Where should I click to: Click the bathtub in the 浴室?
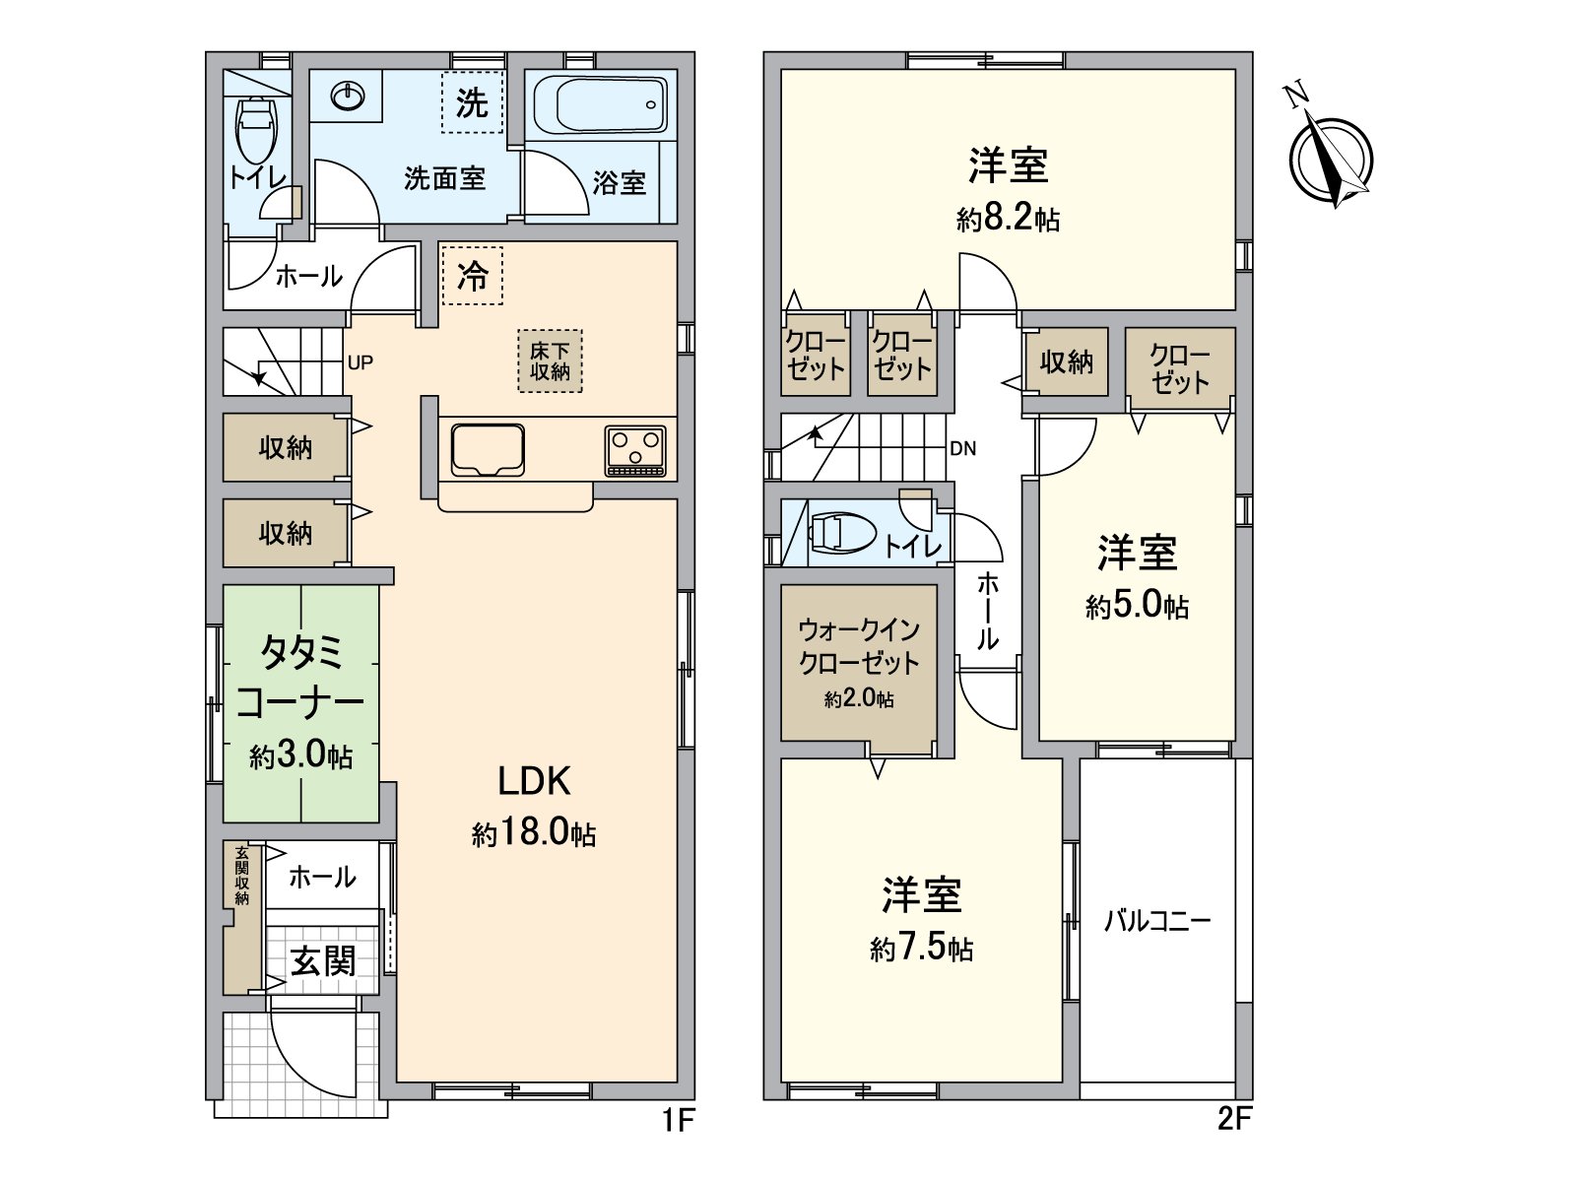pyautogui.click(x=600, y=104)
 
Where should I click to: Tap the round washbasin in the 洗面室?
pyautogui.click(x=348, y=96)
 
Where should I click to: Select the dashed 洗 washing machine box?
pyautogui.click(x=472, y=102)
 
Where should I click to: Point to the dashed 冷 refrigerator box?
pyautogui.click(x=472, y=276)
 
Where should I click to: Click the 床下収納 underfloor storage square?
pyautogui.click(x=550, y=361)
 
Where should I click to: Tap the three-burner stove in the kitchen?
pyautogui.click(x=635, y=451)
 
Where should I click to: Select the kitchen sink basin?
pyautogui.click(x=488, y=450)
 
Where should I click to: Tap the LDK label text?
pyautogui.click(x=533, y=781)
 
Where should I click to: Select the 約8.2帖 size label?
pyautogui.click(x=1008, y=218)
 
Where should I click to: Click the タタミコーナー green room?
pyautogui.click(x=300, y=703)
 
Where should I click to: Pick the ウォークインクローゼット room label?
pyautogui.click(x=859, y=646)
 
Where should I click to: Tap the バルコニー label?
pyautogui.click(x=1156, y=921)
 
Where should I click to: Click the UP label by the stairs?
pyautogui.click(x=361, y=362)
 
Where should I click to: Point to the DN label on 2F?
pyautogui.click(x=962, y=449)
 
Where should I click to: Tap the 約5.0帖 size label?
pyautogui.click(x=1137, y=605)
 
